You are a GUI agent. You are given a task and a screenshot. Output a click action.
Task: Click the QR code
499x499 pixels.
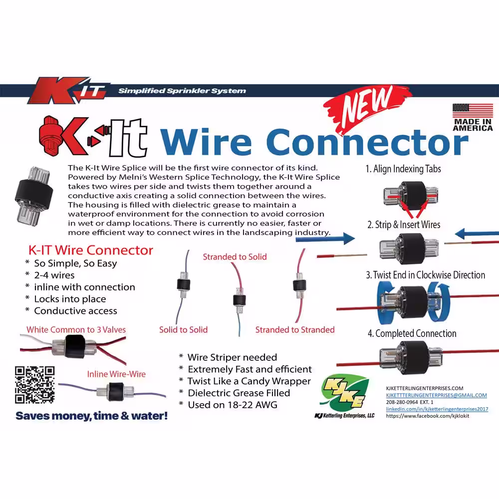click(35, 385)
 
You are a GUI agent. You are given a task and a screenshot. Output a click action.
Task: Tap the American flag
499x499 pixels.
click(473, 111)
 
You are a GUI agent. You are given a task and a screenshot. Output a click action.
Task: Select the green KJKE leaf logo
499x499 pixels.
click(345, 394)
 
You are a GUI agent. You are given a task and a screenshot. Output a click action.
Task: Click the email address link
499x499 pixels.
click(436, 395)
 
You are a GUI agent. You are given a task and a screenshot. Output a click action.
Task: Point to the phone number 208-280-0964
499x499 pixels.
click(402, 402)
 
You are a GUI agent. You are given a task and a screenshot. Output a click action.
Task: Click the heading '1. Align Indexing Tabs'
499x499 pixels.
click(403, 169)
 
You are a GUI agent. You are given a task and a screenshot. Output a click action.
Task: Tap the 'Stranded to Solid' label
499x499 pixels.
click(235, 257)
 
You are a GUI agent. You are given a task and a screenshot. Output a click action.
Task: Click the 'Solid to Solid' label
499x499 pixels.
click(183, 330)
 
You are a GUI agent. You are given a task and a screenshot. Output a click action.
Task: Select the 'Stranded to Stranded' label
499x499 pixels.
click(295, 330)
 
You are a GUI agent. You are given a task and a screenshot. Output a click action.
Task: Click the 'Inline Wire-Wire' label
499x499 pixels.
click(116, 374)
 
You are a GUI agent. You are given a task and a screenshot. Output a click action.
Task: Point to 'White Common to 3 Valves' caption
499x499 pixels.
click(76, 330)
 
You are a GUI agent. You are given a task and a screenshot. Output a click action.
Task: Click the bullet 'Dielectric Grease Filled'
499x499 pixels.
click(239, 393)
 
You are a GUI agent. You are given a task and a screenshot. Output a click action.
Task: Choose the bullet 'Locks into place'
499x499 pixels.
click(70, 299)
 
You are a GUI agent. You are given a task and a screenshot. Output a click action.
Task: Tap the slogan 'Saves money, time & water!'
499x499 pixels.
click(92, 416)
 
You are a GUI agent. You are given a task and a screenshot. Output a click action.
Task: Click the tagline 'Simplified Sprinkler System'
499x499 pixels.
click(182, 91)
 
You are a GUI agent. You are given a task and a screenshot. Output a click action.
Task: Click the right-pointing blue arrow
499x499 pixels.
click(325, 239)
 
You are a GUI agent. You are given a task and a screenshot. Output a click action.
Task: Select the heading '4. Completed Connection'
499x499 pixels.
click(412, 333)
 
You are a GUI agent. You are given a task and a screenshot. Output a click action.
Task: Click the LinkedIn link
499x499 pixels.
click(437, 409)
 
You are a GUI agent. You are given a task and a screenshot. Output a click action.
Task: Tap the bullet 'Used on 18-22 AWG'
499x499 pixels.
click(233, 405)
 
